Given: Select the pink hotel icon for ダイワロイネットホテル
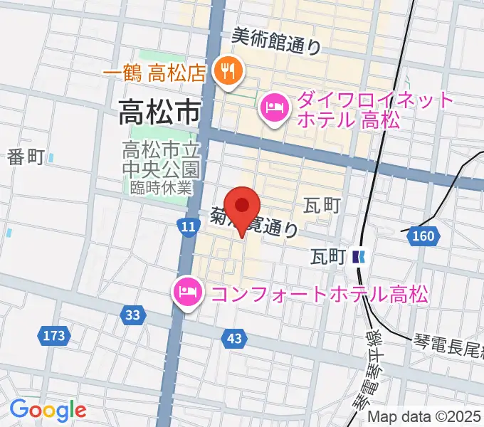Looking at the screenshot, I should point(274,108).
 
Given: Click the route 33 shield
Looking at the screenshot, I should point(132,314).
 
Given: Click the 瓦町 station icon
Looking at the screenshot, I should point(361,256).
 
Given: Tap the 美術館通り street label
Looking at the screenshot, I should point(277,42).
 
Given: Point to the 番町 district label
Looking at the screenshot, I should point(27,157).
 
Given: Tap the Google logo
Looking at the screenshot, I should point(48,411).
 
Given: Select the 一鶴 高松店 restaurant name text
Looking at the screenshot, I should point(155,72).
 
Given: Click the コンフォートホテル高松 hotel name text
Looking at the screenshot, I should point(317,293).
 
